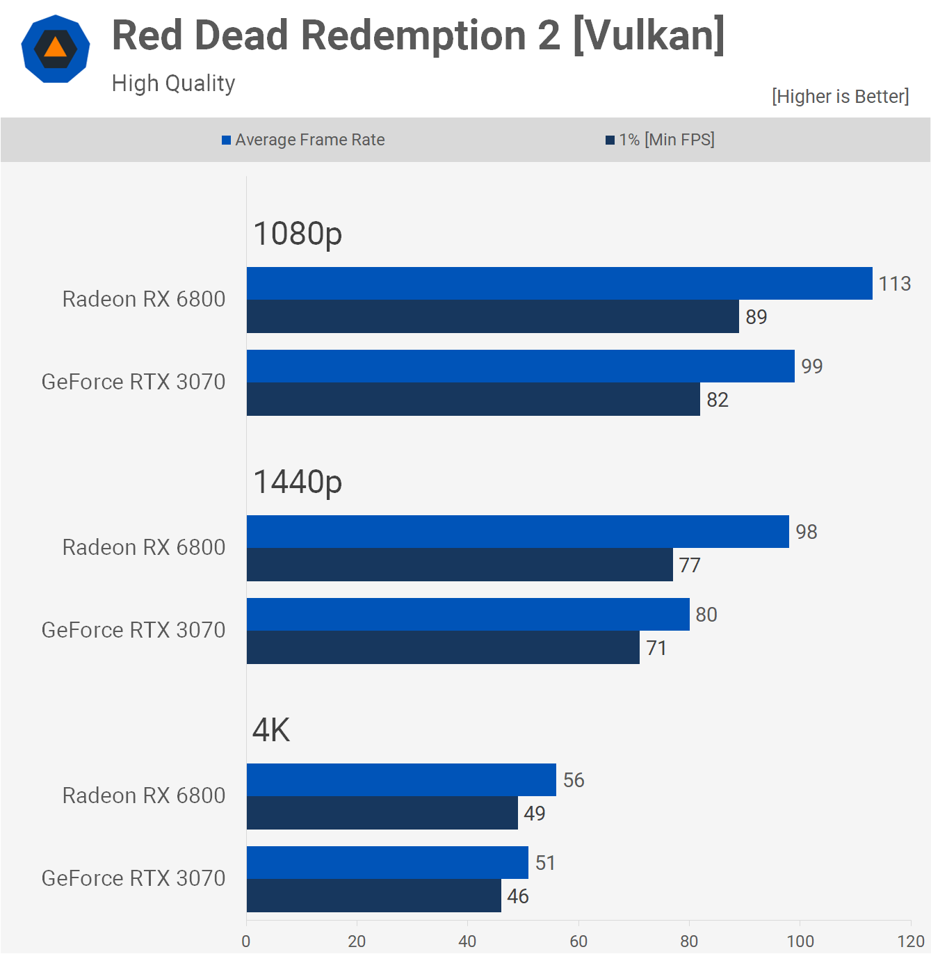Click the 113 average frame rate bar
click(x=559, y=284)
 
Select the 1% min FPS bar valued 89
click(x=492, y=317)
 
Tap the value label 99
click(x=811, y=366)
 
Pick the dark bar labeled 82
click(x=473, y=400)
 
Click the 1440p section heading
click(x=298, y=482)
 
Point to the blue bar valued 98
click(x=517, y=532)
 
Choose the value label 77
click(x=690, y=565)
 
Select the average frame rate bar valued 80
click(x=468, y=615)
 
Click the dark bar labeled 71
click(x=443, y=648)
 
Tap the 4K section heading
click(x=271, y=730)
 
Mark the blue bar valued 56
click(x=401, y=780)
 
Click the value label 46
click(x=518, y=896)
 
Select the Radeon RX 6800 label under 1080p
click(x=144, y=299)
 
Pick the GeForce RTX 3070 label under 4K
click(x=133, y=878)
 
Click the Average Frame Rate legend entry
click(x=303, y=140)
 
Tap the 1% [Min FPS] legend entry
click(x=660, y=140)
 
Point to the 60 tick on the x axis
click(x=578, y=941)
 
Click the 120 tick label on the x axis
click(x=910, y=941)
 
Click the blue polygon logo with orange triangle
click(x=56, y=49)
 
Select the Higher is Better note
click(x=840, y=96)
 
